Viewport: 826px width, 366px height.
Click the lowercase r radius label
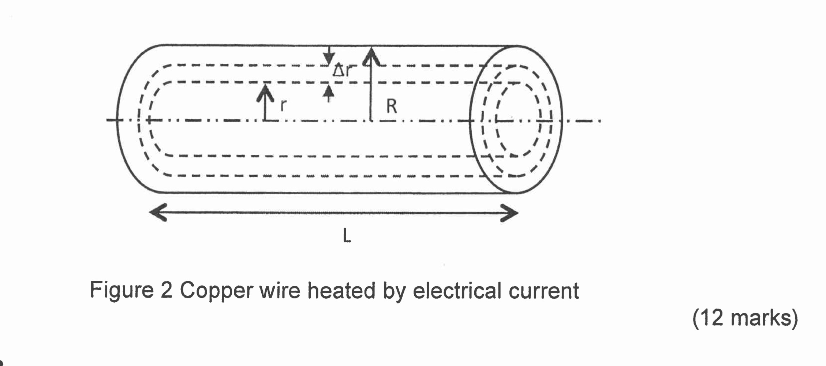283,105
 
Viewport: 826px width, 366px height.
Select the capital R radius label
391,107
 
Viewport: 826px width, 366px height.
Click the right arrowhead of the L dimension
509,213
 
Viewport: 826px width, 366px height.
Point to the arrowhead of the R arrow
371,57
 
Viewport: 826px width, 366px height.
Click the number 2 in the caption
166,291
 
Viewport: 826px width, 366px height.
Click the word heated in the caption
341,291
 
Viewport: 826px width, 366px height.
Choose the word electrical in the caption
456,291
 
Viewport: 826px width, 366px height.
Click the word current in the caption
543,291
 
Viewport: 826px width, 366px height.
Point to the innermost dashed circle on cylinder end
497,121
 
